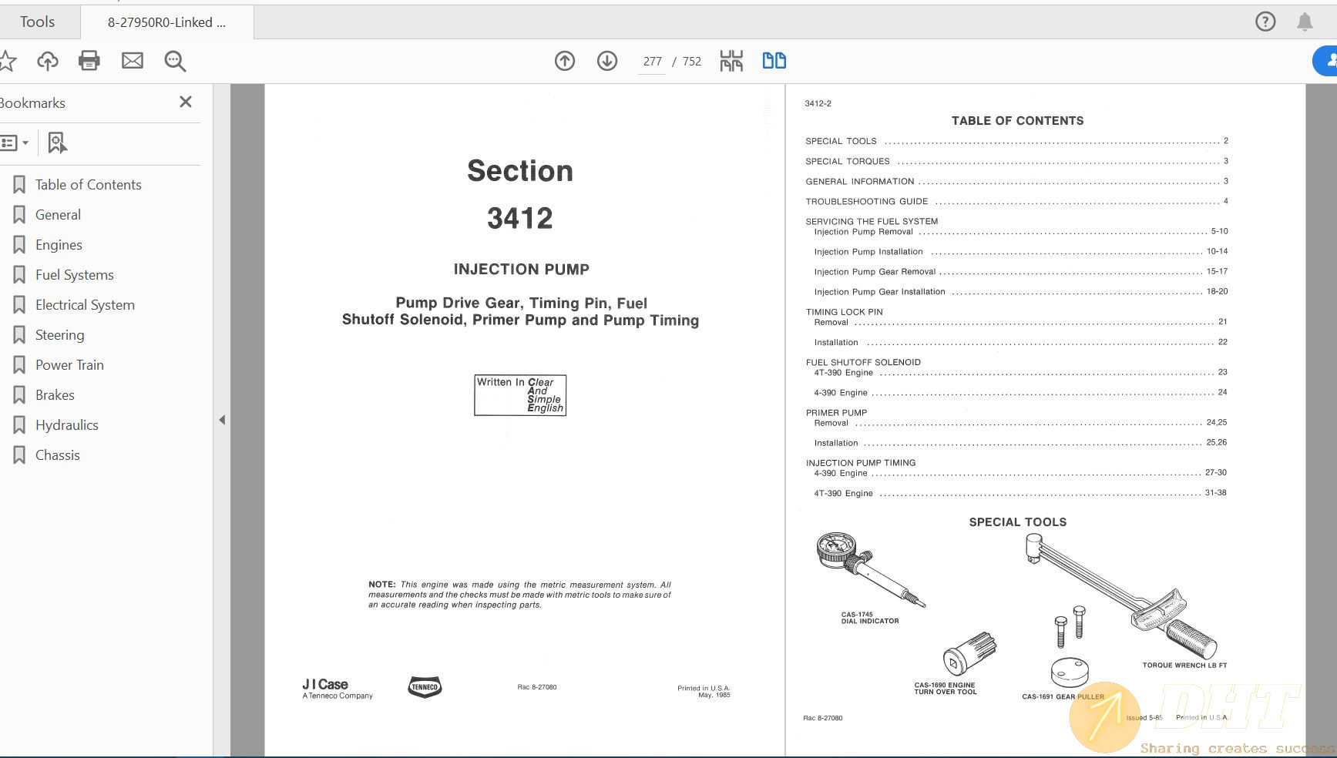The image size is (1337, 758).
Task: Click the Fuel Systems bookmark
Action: click(74, 275)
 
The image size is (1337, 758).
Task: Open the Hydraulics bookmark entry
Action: click(66, 425)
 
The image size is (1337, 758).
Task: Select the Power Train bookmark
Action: click(69, 365)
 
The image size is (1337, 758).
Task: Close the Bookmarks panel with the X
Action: click(186, 102)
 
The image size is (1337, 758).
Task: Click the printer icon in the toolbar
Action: click(89, 61)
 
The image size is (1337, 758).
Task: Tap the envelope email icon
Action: click(133, 61)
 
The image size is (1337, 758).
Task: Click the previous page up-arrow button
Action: click(565, 61)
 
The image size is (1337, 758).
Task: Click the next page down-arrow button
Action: click(607, 61)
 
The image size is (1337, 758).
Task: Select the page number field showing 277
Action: click(652, 62)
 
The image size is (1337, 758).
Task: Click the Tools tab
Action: click(37, 22)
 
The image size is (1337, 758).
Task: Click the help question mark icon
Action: click(1265, 22)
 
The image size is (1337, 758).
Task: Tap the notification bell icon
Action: click(1305, 22)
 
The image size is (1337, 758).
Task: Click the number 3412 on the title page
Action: click(520, 219)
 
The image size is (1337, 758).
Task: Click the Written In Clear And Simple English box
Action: click(520, 395)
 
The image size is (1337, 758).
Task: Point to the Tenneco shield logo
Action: click(425, 686)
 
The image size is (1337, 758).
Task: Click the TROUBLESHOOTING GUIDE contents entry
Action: click(867, 202)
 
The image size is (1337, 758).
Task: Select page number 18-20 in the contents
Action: click(1217, 291)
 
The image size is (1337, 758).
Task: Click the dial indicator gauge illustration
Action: click(837, 550)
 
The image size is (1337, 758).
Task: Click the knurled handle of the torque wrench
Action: click(1191, 638)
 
